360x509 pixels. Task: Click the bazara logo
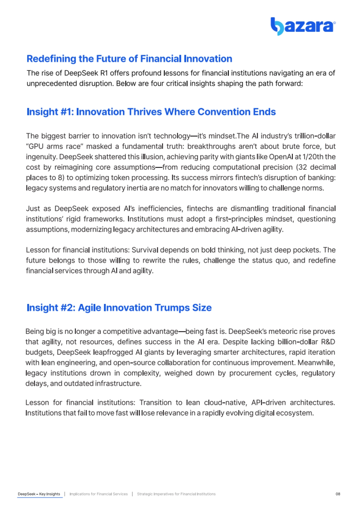(x=303, y=26)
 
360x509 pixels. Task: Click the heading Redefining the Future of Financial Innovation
(x=129, y=59)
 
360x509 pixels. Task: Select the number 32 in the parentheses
(x=302, y=167)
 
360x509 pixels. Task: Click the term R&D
(x=328, y=342)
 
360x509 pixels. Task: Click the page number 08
(x=338, y=494)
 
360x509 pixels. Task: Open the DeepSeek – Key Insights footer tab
(x=39, y=494)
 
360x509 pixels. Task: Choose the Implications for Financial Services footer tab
(x=98, y=494)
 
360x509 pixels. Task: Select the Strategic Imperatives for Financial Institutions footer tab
(x=176, y=494)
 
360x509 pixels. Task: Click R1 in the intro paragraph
(x=104, y=73)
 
